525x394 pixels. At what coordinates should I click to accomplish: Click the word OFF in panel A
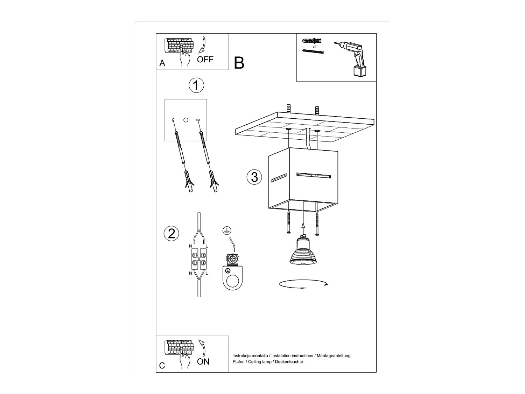[x=205, y=59]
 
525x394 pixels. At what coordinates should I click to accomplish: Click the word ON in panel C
[x=203, y=362]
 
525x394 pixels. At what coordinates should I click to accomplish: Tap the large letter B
[x=239, y=63]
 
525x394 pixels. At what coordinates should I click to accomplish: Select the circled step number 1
[x=196, y=85]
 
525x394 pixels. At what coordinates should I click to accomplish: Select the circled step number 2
[x=171, y=233]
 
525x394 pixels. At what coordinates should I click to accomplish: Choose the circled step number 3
[x=254, y=177]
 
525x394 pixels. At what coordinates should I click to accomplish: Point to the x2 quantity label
[x=314, y=47]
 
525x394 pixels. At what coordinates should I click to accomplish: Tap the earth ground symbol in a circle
[x=227, y=230]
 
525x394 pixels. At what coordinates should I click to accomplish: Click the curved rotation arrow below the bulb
[x=303, y=284]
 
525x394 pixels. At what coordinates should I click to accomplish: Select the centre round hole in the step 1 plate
[x=186, y=120]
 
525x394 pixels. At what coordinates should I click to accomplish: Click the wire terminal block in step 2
[x=199, y=259]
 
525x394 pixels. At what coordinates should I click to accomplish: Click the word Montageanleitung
[x=334, y=356]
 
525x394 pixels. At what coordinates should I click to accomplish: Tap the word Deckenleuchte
[x=289, y=362]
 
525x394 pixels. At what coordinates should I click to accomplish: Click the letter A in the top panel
[x=162, y=63]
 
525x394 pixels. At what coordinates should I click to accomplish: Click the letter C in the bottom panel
[x=162, y=366]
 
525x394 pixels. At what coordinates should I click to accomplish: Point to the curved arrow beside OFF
[x=202, y=45]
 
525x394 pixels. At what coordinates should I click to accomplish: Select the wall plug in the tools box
[x=311, y=41]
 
